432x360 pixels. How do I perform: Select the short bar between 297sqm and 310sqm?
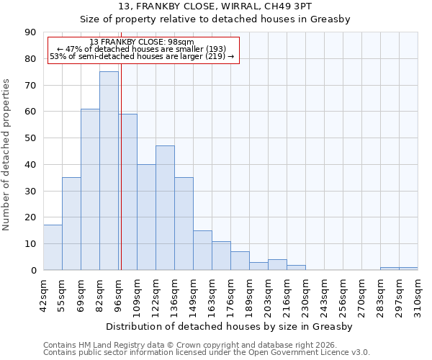[x=408, y=269]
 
